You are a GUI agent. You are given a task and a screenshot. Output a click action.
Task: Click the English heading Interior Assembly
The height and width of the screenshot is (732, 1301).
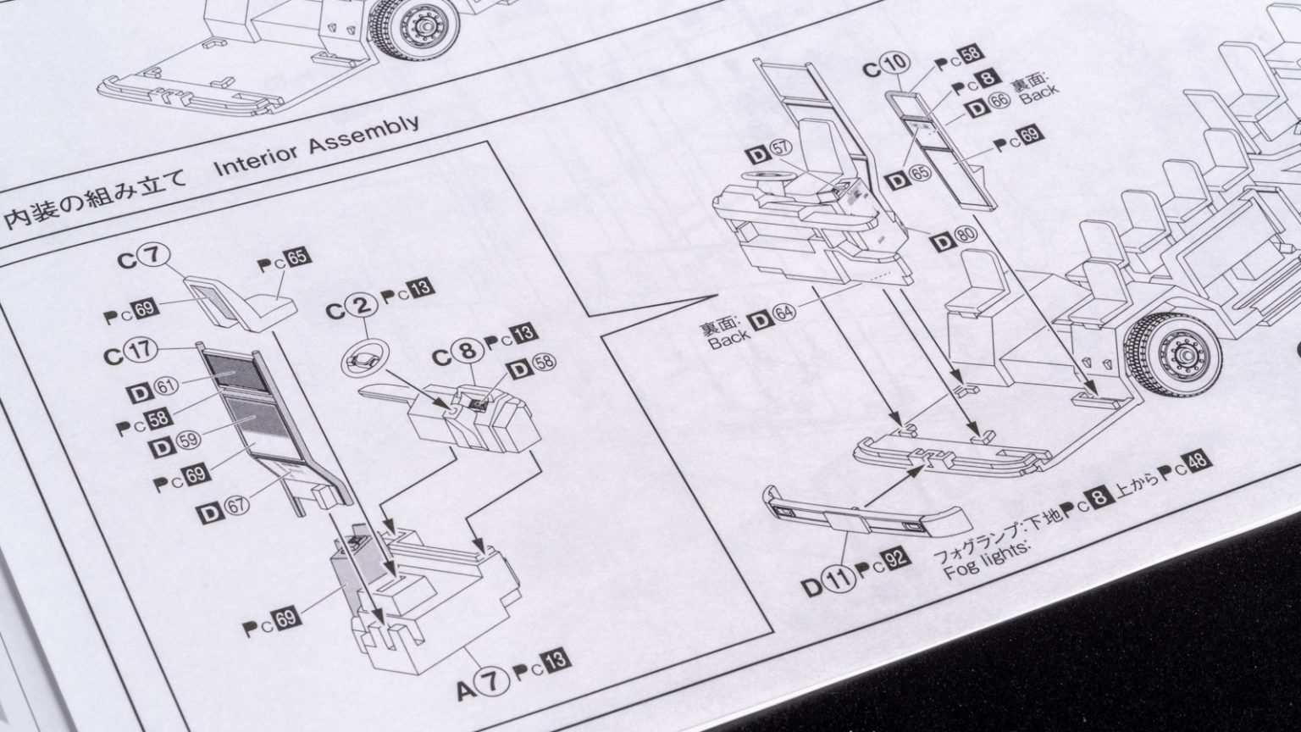tap(316, 147)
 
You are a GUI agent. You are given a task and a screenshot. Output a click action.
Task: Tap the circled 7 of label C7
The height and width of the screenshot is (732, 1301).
tap(157, 255)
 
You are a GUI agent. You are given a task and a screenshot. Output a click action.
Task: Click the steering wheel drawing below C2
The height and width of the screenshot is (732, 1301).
tap(361, 363)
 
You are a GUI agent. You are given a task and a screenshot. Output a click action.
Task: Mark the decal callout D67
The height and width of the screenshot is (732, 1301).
tap(224, 508)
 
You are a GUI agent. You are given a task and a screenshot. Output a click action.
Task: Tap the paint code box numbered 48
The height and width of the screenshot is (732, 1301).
tap(1198, 463)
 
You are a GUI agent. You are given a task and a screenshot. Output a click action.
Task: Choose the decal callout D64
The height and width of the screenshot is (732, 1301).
tap(772, 317)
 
